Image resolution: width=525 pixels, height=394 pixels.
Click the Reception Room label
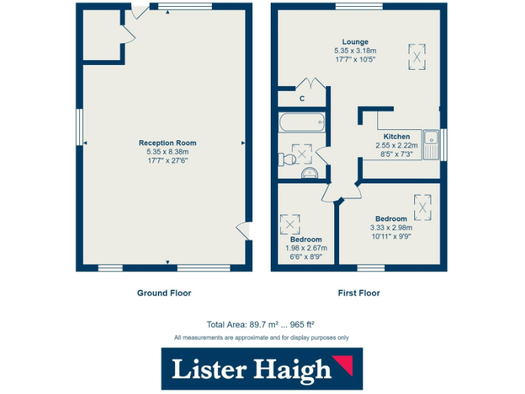click(x=167, y=143)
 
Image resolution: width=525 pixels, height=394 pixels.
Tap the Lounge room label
click(x=355, y=42)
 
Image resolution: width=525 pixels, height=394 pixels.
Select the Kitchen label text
click(x=396, y=136)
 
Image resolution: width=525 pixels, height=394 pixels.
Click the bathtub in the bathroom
click(x=301, y=123)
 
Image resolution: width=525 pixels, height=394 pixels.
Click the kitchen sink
click(x=431, y=144)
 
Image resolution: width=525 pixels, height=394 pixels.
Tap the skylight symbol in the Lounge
click(x=416, y=56)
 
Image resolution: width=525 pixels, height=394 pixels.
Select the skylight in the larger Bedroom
click(x=423, y=205)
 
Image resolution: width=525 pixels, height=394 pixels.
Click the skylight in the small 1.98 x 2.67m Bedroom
click(x=291, y=223)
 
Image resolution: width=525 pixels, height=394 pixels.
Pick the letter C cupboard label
click(x=301, y=99)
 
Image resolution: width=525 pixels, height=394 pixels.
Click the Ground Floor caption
click(x=164, y=293)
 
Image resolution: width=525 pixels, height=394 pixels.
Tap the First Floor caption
click(x=359, y=293)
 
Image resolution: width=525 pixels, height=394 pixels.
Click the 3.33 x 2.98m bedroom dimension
click(x=392, y=228)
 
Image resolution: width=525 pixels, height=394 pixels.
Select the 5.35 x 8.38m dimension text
click(x=167, y=152)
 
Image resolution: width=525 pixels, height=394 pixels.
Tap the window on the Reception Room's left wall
click(x=79, y=127)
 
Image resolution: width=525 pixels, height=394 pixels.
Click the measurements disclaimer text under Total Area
click(x=261, y=337)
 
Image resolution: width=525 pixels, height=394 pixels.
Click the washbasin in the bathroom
click(x=310, y=172)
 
